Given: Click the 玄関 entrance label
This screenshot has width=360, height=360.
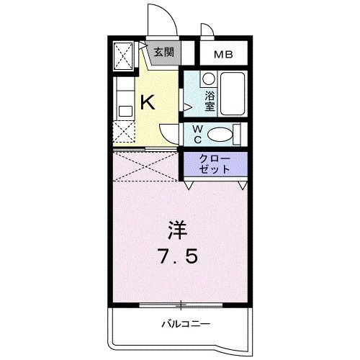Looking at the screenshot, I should [163, 52].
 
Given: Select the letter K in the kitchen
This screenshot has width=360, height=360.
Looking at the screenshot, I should [146, 102].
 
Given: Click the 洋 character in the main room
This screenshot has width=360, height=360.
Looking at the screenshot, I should [178, 232].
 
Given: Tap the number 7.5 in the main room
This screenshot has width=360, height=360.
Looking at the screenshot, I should [178, 256].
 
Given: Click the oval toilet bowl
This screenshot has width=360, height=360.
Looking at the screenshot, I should [222, 134].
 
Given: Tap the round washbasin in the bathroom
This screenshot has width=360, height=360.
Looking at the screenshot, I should [208, 78].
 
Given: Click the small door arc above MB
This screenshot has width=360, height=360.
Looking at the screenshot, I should [206, 31].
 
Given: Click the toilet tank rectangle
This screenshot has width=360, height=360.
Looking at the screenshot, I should [239, 134].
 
